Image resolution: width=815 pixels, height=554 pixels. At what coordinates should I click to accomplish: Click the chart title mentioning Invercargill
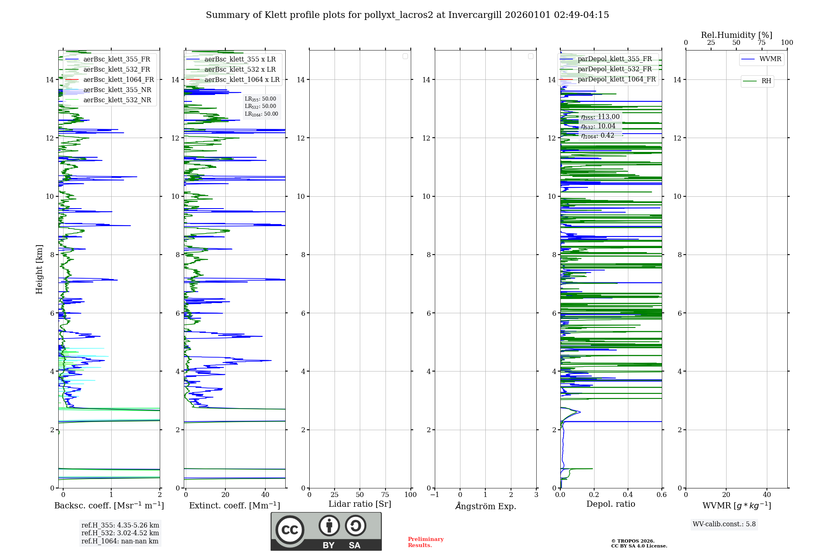pos(407,15)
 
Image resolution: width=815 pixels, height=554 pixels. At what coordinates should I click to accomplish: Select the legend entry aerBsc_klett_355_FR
pos(117,59)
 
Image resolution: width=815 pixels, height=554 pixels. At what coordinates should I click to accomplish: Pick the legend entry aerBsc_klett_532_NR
pos(117,100)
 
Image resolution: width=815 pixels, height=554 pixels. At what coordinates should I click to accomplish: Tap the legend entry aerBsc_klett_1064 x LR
pos(242,80)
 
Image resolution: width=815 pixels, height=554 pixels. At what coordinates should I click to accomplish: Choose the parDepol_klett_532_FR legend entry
pos(615,69)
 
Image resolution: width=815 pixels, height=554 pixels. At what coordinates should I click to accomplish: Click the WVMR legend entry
pos(770,59)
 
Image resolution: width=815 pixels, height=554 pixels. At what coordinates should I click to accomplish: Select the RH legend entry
pos(766,81)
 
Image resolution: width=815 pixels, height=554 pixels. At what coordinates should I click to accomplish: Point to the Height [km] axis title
pos(39,269)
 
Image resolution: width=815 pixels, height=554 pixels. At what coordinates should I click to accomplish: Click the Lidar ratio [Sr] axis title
pos(360,504)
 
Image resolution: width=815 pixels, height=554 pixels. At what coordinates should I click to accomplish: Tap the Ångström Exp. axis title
pos(485,506)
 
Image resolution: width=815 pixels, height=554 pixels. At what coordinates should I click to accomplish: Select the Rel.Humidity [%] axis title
pos(736,35)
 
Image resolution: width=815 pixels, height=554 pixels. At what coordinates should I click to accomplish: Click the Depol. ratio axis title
pos(610,504)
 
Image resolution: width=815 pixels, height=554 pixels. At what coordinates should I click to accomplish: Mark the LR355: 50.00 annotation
pos(260,99)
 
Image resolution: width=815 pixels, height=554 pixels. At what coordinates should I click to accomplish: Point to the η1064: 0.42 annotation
pos(597,136)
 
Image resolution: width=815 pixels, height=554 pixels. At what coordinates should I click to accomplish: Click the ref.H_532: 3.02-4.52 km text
pos(120,533)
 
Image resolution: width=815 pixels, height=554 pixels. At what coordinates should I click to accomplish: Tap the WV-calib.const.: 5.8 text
pos(724,524)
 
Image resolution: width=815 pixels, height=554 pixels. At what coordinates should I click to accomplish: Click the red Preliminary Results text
pos(425,542)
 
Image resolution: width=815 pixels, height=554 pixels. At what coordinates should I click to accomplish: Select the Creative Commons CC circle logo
pos(290,530)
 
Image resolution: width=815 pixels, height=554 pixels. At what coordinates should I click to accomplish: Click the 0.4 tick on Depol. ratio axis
pos(628,495)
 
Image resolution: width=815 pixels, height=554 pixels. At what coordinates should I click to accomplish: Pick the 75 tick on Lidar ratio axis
pos(385,495)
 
